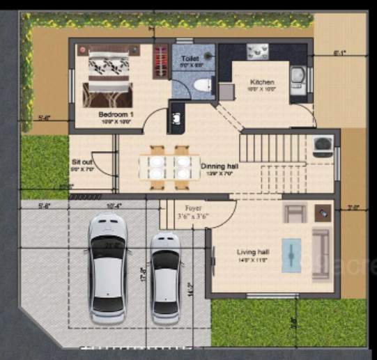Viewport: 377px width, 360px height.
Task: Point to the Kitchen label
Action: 262,82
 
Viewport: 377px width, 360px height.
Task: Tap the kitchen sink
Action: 298,76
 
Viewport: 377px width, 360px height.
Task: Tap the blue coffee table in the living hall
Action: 291,256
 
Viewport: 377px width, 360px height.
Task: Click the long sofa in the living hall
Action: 322,253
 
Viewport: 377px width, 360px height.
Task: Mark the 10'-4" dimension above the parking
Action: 114,205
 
